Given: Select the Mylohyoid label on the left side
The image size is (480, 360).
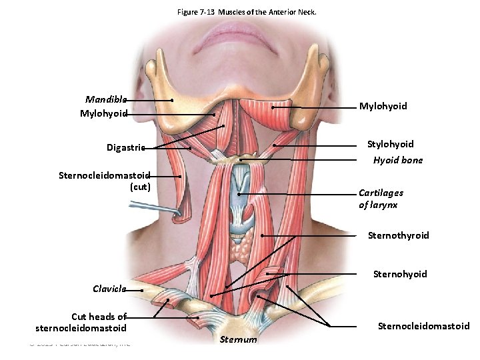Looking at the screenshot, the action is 103,114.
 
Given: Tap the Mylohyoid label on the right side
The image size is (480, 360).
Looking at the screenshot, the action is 383,106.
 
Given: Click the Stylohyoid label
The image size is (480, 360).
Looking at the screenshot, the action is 390,144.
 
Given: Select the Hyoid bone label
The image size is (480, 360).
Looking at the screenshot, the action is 397,160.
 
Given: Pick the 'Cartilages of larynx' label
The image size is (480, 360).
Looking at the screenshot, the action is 381,199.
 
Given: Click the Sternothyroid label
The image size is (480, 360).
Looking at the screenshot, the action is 398,235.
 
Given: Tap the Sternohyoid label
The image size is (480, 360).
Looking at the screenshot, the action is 399,274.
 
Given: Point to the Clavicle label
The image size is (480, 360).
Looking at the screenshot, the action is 109,289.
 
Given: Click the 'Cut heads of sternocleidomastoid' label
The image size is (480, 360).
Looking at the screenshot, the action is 81,322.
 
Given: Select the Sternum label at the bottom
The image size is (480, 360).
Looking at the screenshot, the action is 237,340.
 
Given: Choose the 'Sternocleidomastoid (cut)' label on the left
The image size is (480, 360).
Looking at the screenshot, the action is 105,181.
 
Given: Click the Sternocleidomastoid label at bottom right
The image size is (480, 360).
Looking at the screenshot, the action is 423,326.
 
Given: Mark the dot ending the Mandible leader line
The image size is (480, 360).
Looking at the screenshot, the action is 173,101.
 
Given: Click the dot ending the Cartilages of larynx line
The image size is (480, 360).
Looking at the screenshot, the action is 238,194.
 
